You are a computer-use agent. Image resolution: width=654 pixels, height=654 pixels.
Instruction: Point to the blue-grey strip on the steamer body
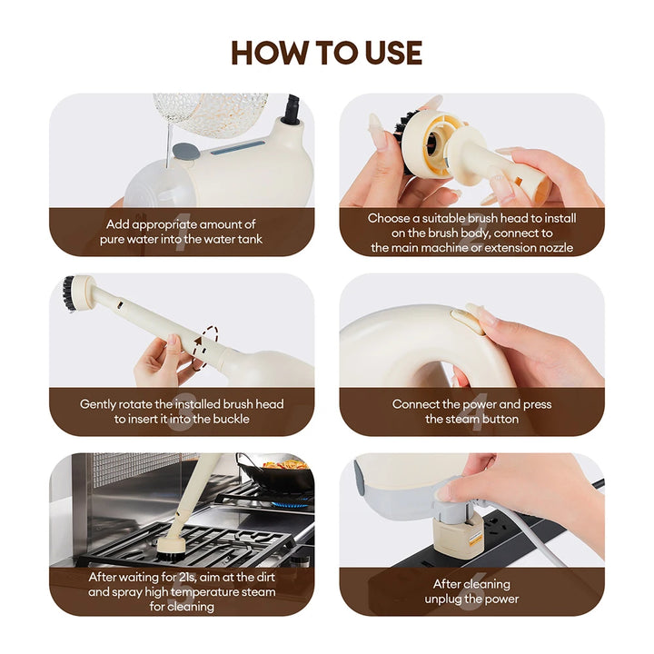click(x=238, y=148)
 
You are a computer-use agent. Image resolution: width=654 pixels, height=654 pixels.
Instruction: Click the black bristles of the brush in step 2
click(x=402, y=138)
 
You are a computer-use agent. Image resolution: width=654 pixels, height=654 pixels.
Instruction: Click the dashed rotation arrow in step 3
click(x=206, y=346)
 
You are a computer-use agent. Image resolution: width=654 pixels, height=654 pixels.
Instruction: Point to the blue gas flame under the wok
click(x=292, y=501)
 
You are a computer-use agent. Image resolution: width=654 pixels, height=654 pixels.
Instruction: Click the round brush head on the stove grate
click(x=174, y=549)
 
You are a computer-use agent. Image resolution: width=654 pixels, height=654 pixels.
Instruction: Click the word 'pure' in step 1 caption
click(x=112, y=240)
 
